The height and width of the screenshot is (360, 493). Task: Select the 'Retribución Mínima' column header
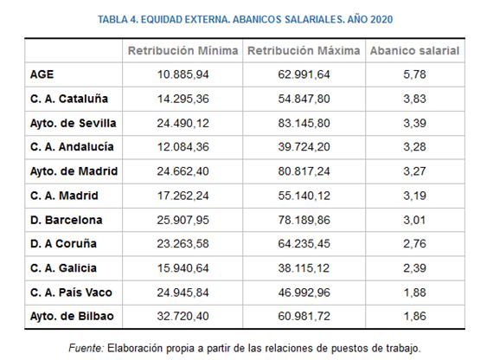[182, 51]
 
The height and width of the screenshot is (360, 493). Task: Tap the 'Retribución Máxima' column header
[304, 51]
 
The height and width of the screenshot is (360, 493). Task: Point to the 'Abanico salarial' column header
[414, 51]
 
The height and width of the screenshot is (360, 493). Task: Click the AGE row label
[42, 74]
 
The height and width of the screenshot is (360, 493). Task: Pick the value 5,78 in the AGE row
[414, 74]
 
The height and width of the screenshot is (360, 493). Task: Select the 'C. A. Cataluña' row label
[69, 99]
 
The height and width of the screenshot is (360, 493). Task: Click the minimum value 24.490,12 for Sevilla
[183, 123]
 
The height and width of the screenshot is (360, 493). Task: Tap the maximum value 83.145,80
[304, 123]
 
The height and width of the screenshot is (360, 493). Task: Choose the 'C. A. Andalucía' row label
[72, 147]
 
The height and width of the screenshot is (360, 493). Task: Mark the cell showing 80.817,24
[304, 171]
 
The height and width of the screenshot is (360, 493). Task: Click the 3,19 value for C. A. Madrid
[414, 196]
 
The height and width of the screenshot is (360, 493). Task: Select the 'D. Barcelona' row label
[66, 220]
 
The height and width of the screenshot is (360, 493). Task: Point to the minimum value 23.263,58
[183, 244]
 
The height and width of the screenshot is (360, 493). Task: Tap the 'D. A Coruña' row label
[63, 244]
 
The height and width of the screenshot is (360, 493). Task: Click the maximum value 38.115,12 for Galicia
[304, 268]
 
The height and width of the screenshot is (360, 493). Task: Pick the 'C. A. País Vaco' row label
[71, 292]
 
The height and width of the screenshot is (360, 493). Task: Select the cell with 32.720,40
[183, 316]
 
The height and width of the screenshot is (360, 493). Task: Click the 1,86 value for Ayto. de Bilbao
[414, 316]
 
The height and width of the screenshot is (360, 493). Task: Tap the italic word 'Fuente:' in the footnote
[86, 349]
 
